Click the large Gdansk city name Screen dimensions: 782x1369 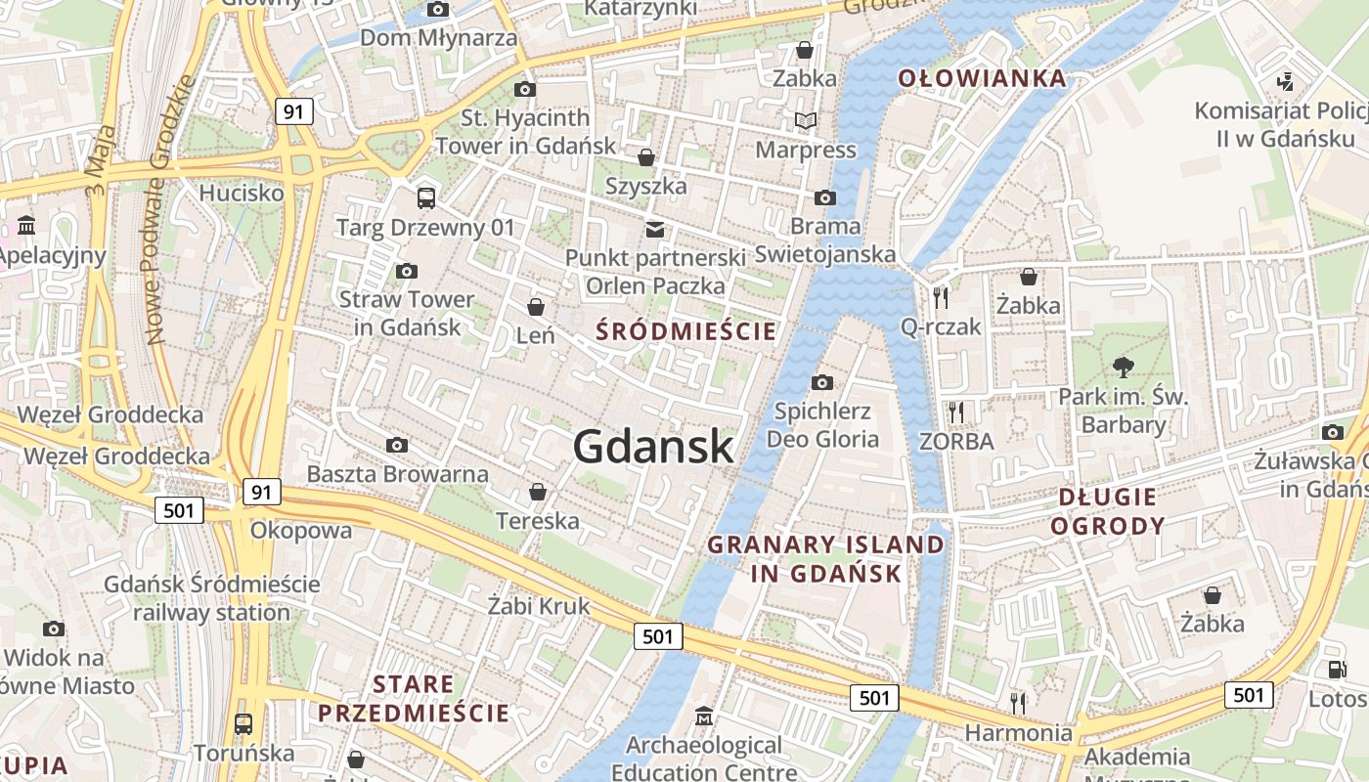pos(653,447)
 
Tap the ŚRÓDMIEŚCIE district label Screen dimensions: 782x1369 pos(686,331)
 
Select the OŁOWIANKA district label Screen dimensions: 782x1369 pos(982,78)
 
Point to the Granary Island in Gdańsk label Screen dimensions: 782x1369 pos(826,558)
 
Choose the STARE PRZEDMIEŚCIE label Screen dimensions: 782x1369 pos(413,698)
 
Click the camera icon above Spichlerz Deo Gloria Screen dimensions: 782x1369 pos(822,382)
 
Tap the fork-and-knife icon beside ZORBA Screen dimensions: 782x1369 pos(955,413)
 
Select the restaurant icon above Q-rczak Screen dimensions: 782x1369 pos(940,297)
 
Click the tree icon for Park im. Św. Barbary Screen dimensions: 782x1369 pos(1123,368)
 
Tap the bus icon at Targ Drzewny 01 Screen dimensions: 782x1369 pos(426,197)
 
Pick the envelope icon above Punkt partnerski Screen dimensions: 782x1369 pos(654,230)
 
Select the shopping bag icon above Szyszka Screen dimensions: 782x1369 pos(645,156)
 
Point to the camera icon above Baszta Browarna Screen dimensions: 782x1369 pos(396,446)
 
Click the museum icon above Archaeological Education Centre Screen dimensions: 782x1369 pos(703,717)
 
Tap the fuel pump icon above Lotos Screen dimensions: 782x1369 pos(1336,670)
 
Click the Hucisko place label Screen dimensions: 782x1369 pos(241,193)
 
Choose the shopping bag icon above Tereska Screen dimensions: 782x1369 pos(537,492)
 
